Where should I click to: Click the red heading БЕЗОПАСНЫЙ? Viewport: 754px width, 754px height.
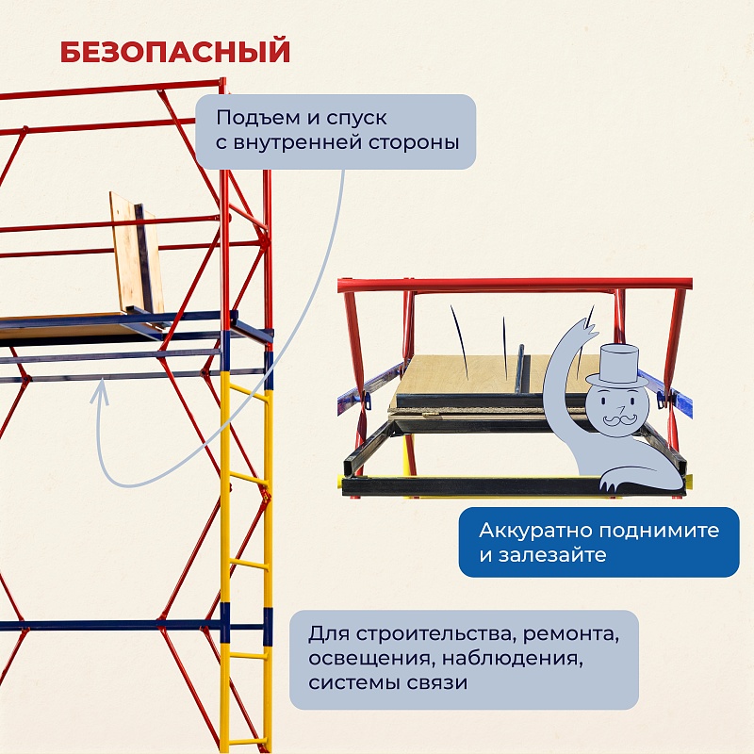click(x=175, y=52)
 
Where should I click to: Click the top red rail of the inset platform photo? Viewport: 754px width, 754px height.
click(x=514, y=285)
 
